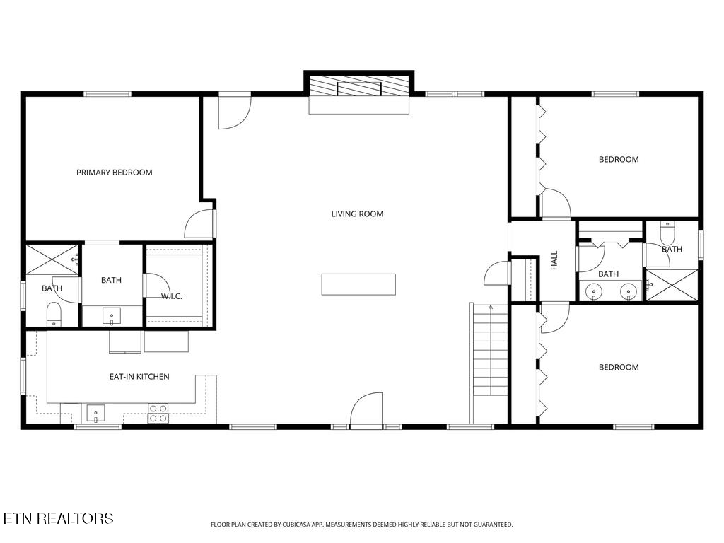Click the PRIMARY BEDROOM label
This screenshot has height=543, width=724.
click(114, 173)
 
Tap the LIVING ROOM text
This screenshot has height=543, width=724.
click(357, 214)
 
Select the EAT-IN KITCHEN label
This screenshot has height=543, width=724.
click(139, 377)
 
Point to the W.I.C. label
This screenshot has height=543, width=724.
click(171, 296)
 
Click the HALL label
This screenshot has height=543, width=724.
click(554, 259)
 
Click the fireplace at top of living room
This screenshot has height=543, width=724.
click(359, 88)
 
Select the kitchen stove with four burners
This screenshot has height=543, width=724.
click(158, 413)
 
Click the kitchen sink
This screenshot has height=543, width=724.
click(95, 412)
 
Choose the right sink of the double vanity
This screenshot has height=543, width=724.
click(626, 291)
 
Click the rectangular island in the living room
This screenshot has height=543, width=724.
click(358, 284)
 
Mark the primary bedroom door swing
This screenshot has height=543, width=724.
click(199, 224)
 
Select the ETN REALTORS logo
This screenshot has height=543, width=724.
click(58, 518)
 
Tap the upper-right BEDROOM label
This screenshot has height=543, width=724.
click(618, 159)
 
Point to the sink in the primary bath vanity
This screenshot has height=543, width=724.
click(112, 315)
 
